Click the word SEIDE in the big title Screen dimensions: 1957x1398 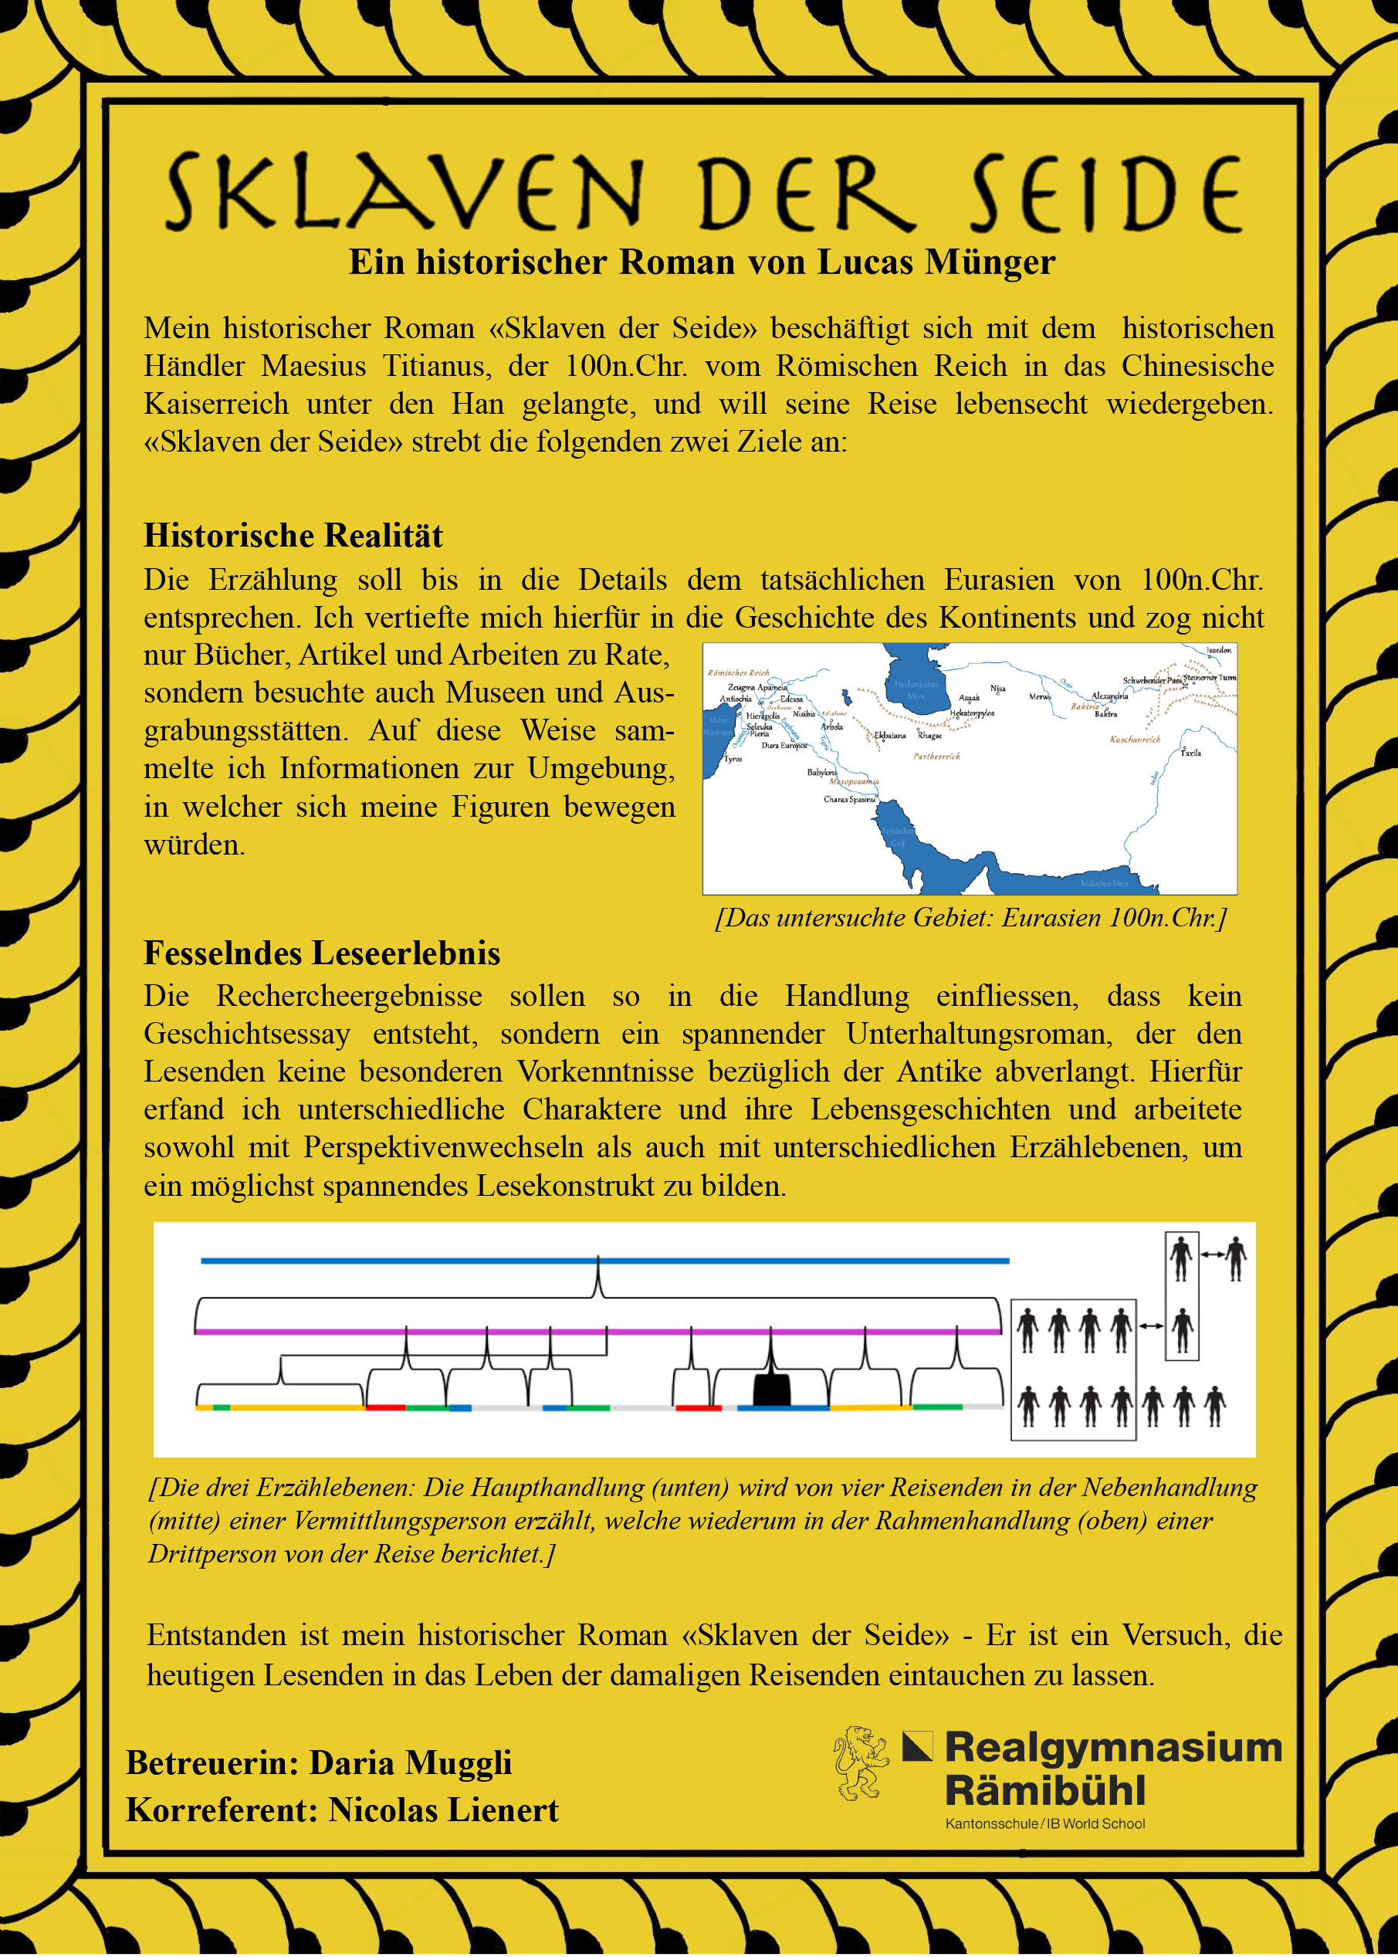pyautogui.click(x=1105, y=193)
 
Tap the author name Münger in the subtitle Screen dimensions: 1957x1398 pyautogui.click(x=989, y=262)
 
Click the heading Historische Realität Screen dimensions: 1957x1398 pyautogui.click(x=293, y=536)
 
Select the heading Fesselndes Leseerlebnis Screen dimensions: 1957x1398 pyautogui.click(x=322, y=953)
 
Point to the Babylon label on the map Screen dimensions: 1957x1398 pyautogui.click(x=821, y=771)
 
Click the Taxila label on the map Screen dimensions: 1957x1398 pyautogui.click(x=1190, y=753)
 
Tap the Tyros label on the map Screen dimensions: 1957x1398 pyautogui.click(x=733, y=759)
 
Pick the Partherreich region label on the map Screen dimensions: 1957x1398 pyautogui.click(x=936, y=756)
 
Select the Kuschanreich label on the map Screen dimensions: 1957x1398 pyautogui.click(x=1135, y=739)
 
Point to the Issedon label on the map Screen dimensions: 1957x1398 pyautogui.click(x=1219, y=650)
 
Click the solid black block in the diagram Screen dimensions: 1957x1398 pyautogui.click(x=771, y=1390)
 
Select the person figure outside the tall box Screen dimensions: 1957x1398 pyautogui.click(x=1236, y=1259)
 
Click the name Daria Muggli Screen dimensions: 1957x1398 pyautogui.click(x=411, y=1762)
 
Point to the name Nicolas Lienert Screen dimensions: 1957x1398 pyautogui.click(x=443, y=1810)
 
